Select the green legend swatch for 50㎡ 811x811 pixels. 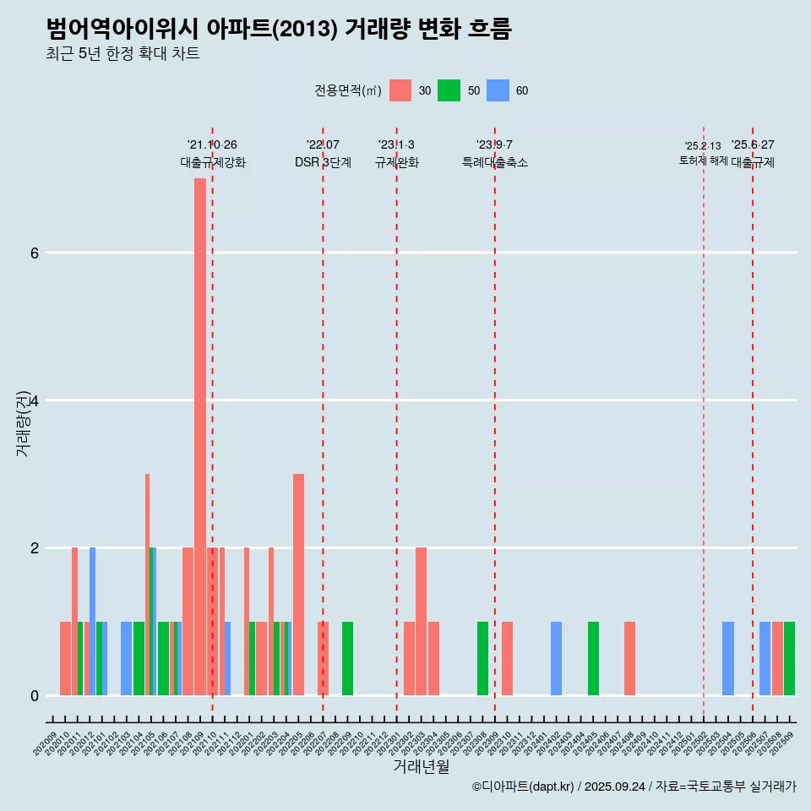tap(449, 90)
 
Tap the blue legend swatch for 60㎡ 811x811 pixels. tap(498, 90)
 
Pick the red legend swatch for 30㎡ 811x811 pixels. tap(400, 90)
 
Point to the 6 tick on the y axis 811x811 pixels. tap(35, 253)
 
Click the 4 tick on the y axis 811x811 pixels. tap(35, 400)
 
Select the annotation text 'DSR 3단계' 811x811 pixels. tap(323, 162)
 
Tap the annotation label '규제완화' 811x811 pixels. tap(397, 162)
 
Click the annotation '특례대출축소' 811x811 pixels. tap(495, 162)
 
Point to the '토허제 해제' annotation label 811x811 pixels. tap(703, 160)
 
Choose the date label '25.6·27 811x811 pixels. tap(753, 144)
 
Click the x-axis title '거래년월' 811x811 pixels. tap(421, 766)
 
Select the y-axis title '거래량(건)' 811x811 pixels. tap(23, 422)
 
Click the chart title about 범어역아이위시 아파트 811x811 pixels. tap(279, 29)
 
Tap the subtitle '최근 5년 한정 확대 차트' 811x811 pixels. tap(123, 54)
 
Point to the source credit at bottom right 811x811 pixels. tap(634, 787)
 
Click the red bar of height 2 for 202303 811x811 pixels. tap(421, 621)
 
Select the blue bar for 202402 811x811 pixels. tap(556, 658)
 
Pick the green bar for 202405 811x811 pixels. tap(593, 658)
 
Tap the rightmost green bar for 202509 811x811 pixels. tap(789, 658)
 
